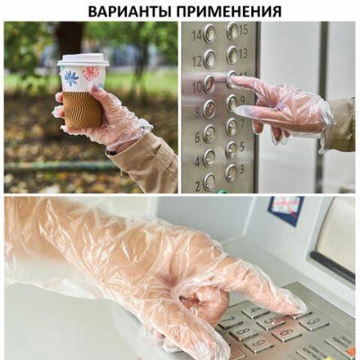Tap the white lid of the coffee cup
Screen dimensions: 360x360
[83, 60]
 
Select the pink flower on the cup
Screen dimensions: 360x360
[90, 74]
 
